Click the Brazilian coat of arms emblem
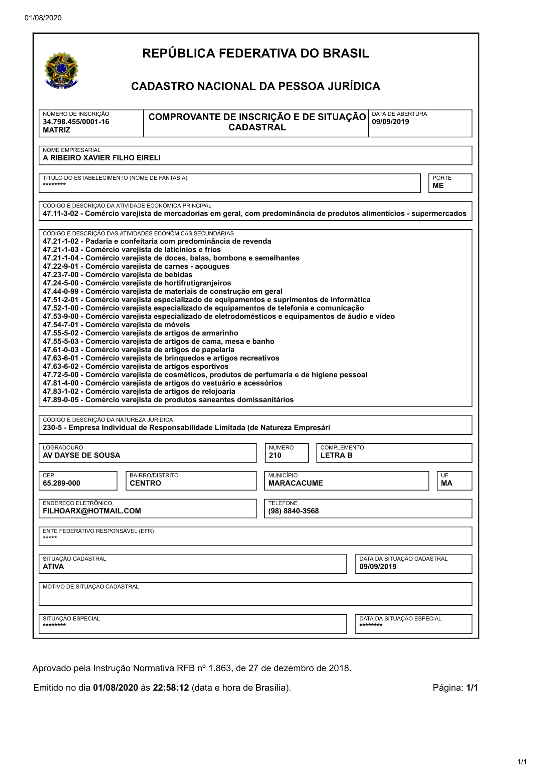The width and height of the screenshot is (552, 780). click(61, 70)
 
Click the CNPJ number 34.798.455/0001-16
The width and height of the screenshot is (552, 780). click(76, 122)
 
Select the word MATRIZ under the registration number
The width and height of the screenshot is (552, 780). click(56, 130)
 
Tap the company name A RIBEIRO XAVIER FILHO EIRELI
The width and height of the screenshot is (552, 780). click(102, 158)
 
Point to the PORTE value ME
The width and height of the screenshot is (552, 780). click(438, 185)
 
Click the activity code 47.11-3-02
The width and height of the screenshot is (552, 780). click(60, 213)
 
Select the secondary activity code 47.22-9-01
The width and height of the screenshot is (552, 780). click(60, 266)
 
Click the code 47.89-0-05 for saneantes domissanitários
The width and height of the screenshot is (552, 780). click(60, 400)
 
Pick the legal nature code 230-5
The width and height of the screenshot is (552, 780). click(52, 428)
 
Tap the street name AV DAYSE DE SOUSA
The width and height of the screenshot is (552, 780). click(81, 455)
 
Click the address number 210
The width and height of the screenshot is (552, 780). click(275, 455)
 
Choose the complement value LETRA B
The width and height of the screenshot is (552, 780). click(336, 455)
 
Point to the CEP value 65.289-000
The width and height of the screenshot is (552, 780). click(61, 483)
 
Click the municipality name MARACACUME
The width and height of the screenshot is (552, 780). click(295, 483)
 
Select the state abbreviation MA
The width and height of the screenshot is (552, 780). click(446, 483)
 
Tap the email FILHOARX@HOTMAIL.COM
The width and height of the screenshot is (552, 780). click(91, 511)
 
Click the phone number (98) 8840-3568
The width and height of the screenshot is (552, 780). click(293, 511)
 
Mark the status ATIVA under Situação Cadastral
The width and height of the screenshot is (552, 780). click(53, 566)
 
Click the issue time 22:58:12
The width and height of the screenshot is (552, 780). click(171, 688)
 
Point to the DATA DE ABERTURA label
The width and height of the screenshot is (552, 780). click(399, 114)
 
